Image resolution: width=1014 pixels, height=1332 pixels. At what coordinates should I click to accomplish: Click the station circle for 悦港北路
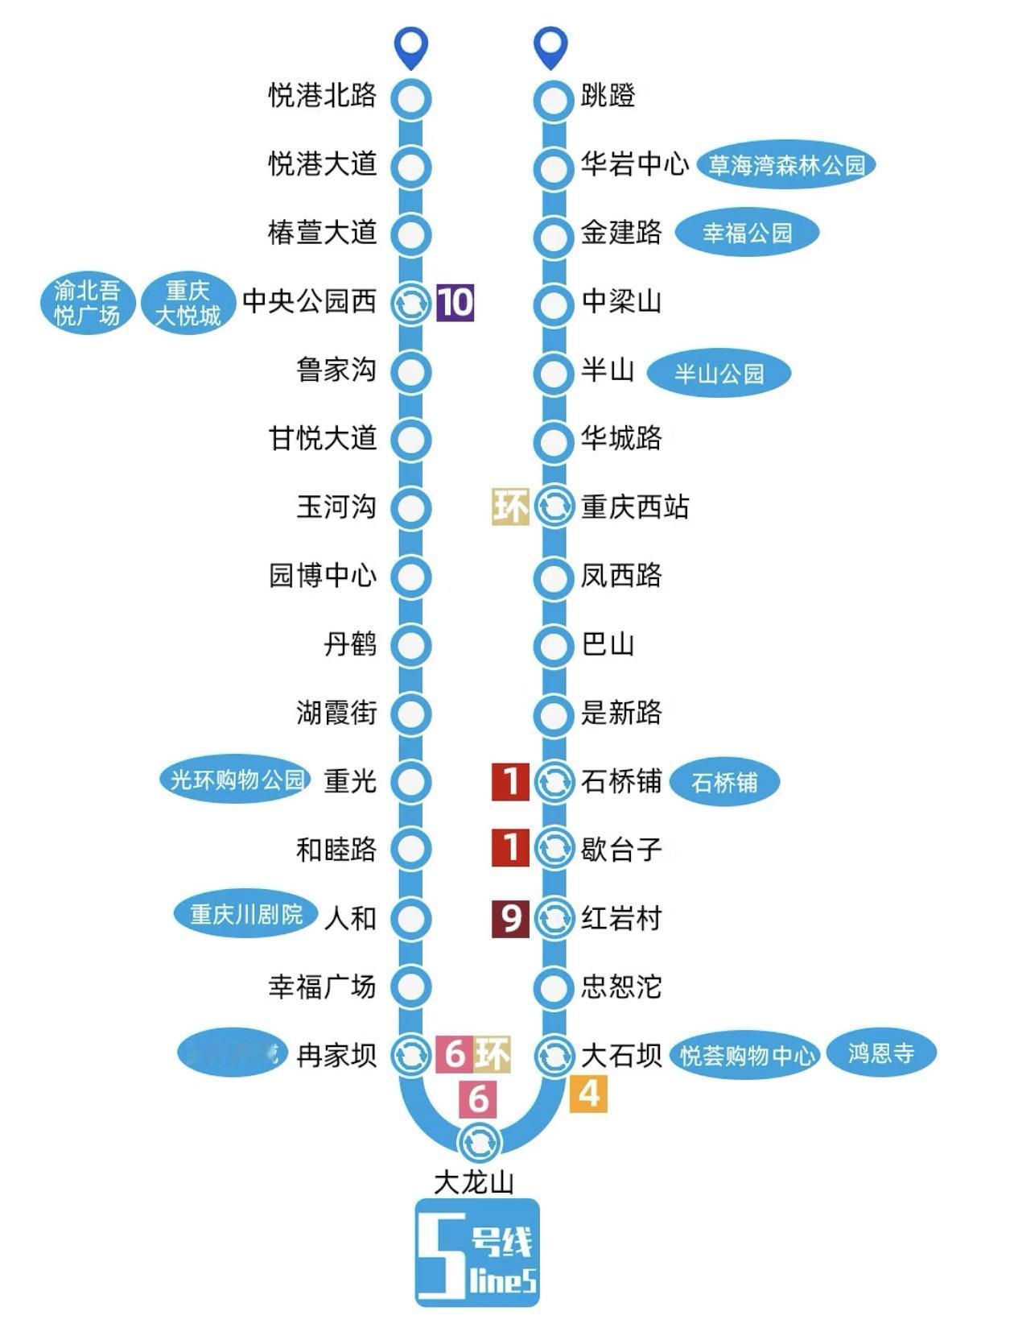click(411, 98)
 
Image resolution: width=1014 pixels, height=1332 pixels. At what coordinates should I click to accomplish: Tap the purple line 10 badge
click(455, 302)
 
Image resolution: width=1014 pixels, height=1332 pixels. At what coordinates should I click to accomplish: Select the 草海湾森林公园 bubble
click(785, 165)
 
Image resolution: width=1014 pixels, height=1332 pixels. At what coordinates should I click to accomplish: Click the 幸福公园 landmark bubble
click(747, 233)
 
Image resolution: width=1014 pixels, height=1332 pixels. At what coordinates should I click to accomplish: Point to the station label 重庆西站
click(635, 507)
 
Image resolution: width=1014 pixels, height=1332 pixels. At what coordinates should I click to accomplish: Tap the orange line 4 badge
click(588, 1094)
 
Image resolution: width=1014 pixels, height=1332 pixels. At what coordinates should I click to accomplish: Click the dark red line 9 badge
click(510, 918)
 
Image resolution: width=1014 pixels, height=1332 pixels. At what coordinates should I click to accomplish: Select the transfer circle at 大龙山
click(479, 1140)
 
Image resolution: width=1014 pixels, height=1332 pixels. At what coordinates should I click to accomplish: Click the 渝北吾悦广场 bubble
click(87, 302)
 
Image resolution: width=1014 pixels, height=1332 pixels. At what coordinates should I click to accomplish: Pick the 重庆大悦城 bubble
click(188, 302)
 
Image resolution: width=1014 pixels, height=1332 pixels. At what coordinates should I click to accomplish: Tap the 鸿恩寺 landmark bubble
click(881, 1053)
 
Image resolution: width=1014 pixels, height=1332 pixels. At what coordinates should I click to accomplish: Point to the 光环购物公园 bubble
click(237, 780)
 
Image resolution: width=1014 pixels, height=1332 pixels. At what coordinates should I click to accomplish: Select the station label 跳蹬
click(608, 96)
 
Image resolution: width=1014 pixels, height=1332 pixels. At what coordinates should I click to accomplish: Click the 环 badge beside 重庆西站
click(510, 507)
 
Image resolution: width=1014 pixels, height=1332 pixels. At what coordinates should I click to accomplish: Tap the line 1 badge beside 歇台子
click(510, 848)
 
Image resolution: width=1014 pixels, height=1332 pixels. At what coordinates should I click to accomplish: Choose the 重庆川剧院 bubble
click(246, 914)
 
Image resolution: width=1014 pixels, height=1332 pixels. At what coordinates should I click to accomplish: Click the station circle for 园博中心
click(411, 576)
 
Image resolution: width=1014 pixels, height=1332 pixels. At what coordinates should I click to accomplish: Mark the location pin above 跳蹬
click(552, 48)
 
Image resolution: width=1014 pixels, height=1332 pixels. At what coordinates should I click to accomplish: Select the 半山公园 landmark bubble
click(719, 374)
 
